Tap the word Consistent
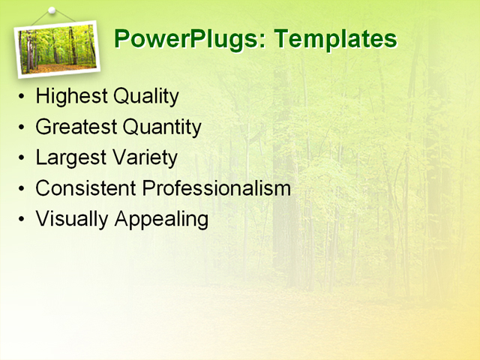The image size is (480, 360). pos(85,188)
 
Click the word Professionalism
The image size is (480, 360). pos(216,188)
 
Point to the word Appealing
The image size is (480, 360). pos(160,219)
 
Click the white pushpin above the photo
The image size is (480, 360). pos(51,11)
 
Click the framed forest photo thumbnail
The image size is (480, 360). pos(57,49)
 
